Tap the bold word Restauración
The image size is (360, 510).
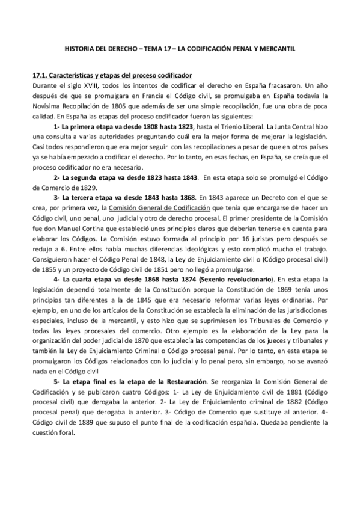(x=181, y=382)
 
